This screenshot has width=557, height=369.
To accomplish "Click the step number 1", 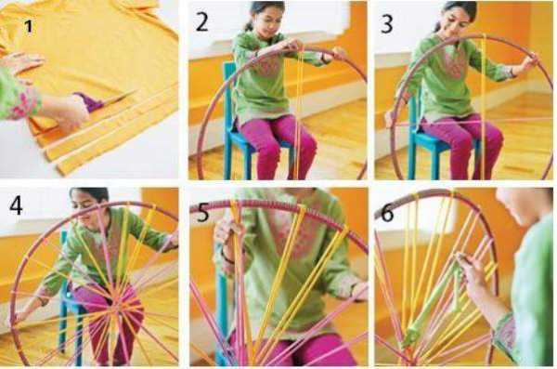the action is click(x=29, y=27).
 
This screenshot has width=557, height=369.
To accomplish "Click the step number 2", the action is click(x=201, y=21).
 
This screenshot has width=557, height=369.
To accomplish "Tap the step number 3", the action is click(x=387, y=23).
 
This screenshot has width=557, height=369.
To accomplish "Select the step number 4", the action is click(x=17, y=205).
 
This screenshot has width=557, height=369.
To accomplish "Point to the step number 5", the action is click(x=202, y=213).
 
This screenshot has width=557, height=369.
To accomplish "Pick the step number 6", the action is click(x=387, y=213).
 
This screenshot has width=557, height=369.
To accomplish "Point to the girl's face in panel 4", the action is click(x=86, y=205).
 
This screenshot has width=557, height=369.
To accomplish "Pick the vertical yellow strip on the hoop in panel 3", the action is click(x=483, y=107).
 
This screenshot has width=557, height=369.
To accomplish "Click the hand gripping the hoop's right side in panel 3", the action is click(x=528, y=63).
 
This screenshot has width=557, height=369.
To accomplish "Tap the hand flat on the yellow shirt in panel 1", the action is click(x=21, y=63).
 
